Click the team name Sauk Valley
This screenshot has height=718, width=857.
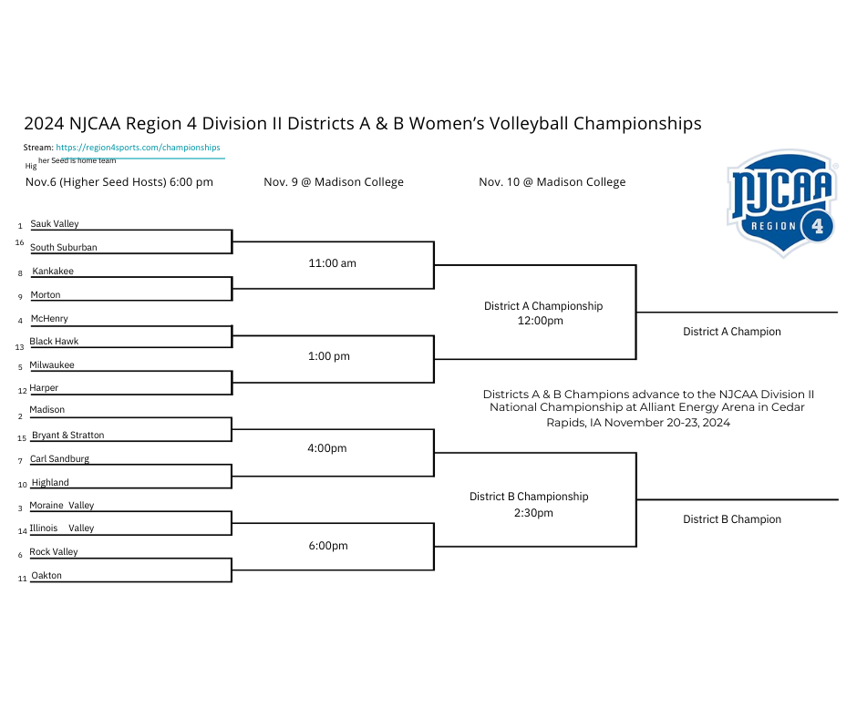(x=55, y=223)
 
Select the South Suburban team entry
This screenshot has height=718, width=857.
(x=64, y=247)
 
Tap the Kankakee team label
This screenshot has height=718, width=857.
(x=53, y=271)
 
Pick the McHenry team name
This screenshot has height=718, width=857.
(x=49, y=318)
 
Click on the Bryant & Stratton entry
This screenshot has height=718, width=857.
(x=67, y=435)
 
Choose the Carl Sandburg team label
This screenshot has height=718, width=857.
(x=59, y=458)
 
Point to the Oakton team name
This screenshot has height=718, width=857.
(x=46, y=575)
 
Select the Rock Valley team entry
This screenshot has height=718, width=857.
(x=54, y=552)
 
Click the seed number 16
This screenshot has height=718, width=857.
(x=20, y=242)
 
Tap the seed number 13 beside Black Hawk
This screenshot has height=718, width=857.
(x=20, y=347)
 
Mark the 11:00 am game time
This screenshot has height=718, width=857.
(x=332, y=262)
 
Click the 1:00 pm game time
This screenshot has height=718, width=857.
(x=329, y=356)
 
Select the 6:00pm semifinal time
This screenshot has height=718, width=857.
(x=328, y=545)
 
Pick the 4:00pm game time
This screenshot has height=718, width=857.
(x=326, y=448)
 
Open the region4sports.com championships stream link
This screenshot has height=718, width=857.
(x=138, y=148)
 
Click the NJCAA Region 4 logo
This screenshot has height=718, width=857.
(x=782, y=203)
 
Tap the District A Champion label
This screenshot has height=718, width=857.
(x=732, y=332)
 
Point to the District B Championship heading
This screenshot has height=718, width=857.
(x=529, y=497)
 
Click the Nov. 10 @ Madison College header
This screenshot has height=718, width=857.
(x=552, y=182)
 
